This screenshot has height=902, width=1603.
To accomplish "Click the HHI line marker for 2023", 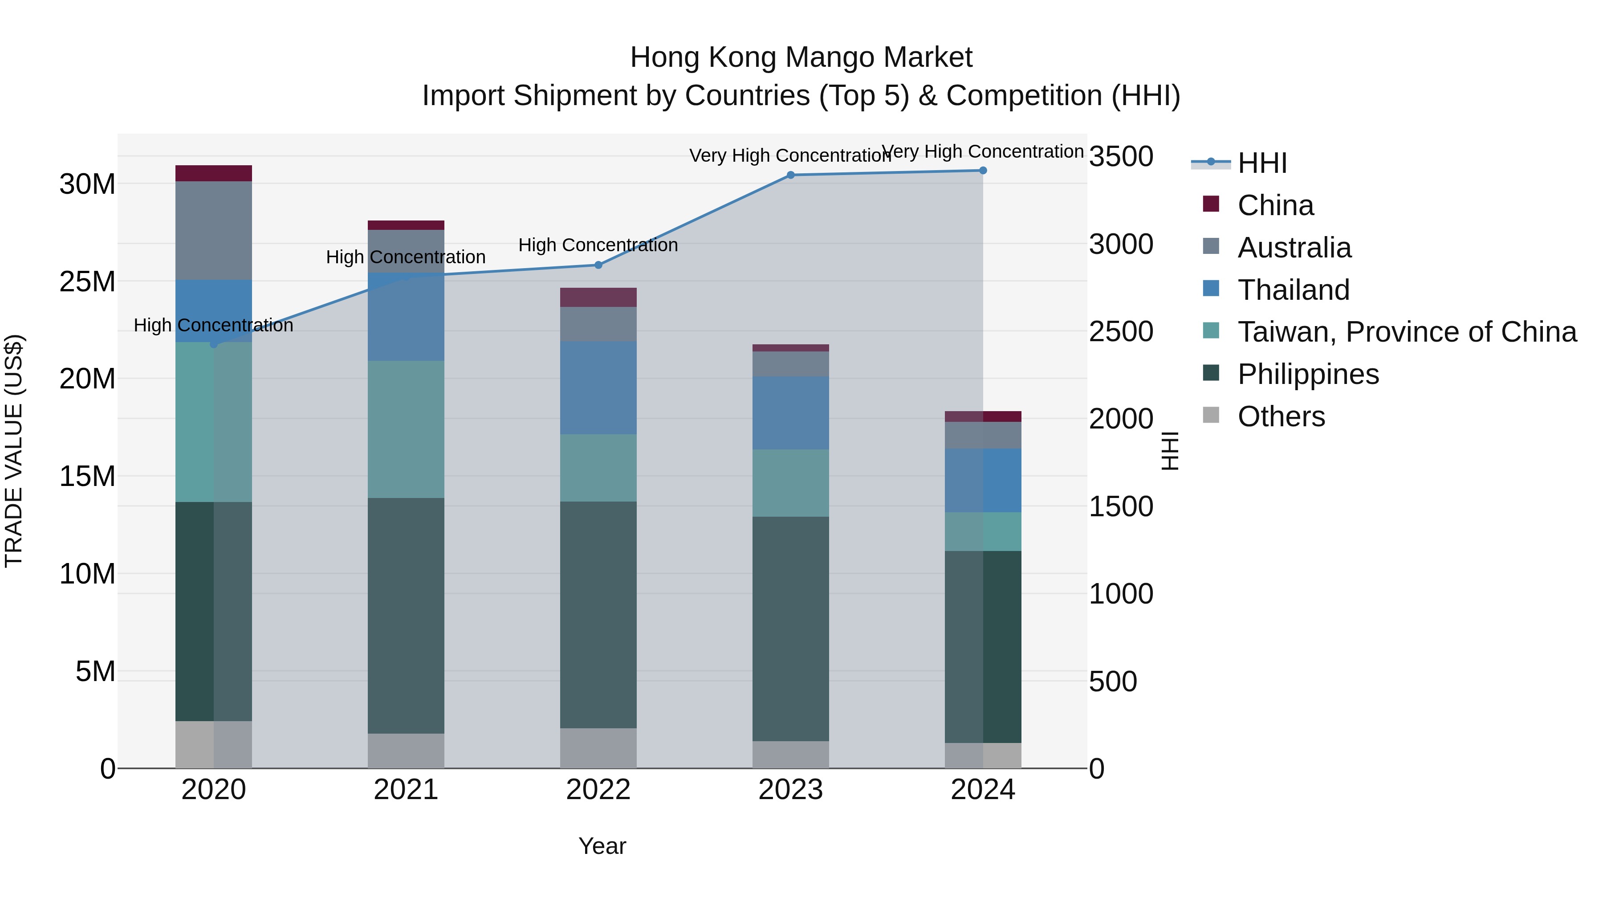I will click(x=790, y=175).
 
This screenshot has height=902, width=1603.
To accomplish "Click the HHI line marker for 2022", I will click(x=598, y=265).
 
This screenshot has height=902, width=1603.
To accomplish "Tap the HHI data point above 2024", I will click(x=983, y=171).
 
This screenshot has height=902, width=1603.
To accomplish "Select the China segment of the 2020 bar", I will click(x=213, y=173).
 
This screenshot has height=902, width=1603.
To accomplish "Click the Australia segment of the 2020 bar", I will click(x=213, y=230).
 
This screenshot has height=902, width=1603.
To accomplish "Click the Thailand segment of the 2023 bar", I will click(x=790, y=413).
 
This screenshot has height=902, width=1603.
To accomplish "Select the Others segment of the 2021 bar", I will click(x=406, y=750).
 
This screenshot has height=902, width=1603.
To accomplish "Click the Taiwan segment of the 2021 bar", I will click(x=406, y=429).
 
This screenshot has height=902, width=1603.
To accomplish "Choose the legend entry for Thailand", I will click(x=1293, y=290).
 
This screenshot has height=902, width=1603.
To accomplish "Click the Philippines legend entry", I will click(x=1307, y=375).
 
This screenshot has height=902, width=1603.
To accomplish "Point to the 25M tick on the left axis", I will click(x=87, y=282).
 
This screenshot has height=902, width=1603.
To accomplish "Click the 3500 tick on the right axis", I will click(x=1121, y=156).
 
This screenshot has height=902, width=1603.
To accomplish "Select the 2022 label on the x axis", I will click(x=598, y=790).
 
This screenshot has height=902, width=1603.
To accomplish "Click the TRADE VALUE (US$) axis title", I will click(x=14, y=451).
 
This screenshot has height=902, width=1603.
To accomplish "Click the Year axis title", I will click(x=602, y=846).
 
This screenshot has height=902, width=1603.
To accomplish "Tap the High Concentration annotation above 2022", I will click(x=598, y=245).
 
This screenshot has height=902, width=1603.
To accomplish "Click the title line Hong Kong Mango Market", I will click(x=801, y=57).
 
